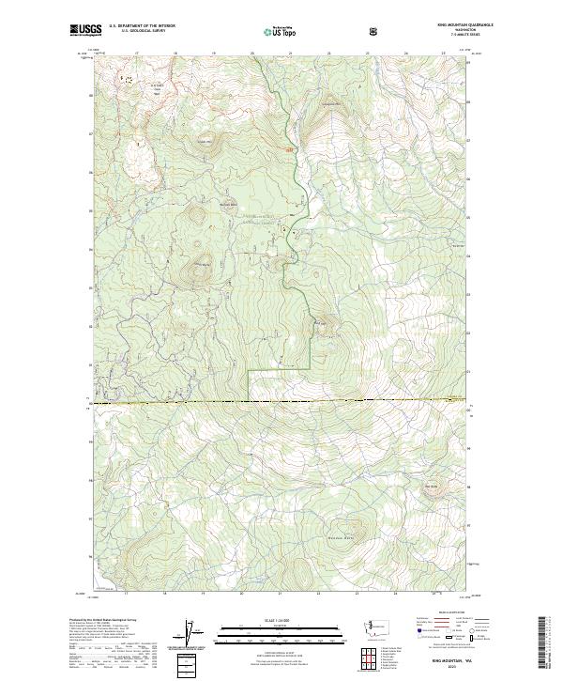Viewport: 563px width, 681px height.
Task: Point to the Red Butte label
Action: (x=432, y=486)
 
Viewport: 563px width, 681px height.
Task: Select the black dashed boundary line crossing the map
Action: (x=281, y=402)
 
